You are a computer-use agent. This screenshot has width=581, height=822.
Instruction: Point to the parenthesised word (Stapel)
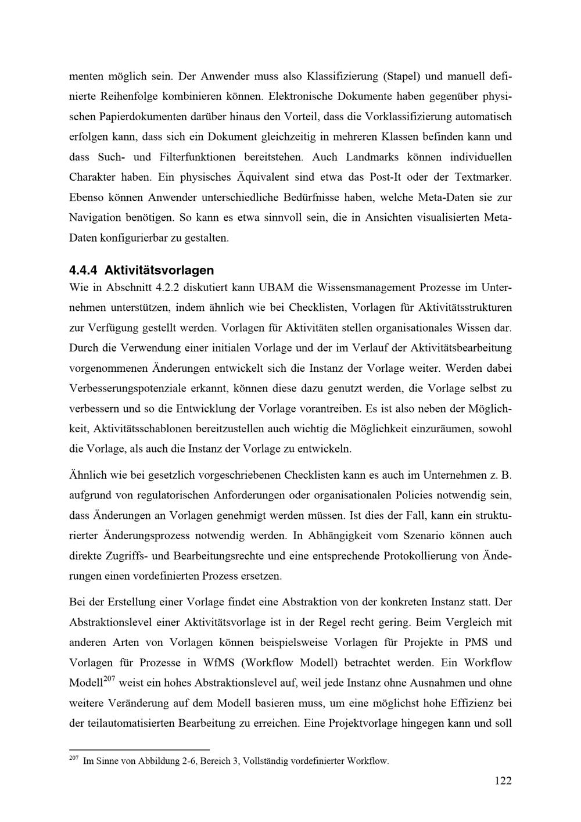[401, 76]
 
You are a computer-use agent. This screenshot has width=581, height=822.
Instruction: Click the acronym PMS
[480, 642]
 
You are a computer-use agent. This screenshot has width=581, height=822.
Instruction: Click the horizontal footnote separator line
[139, 750]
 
